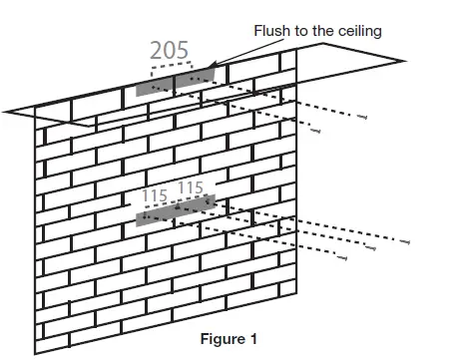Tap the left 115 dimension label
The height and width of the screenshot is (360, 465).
tap(154, 196)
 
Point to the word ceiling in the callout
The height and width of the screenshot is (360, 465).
tap(355, 31)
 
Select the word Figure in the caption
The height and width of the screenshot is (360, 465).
tap(223, 338)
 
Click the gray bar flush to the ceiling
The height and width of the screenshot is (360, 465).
tap(176, 81)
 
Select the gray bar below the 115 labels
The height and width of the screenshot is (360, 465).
tap(176, 209)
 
